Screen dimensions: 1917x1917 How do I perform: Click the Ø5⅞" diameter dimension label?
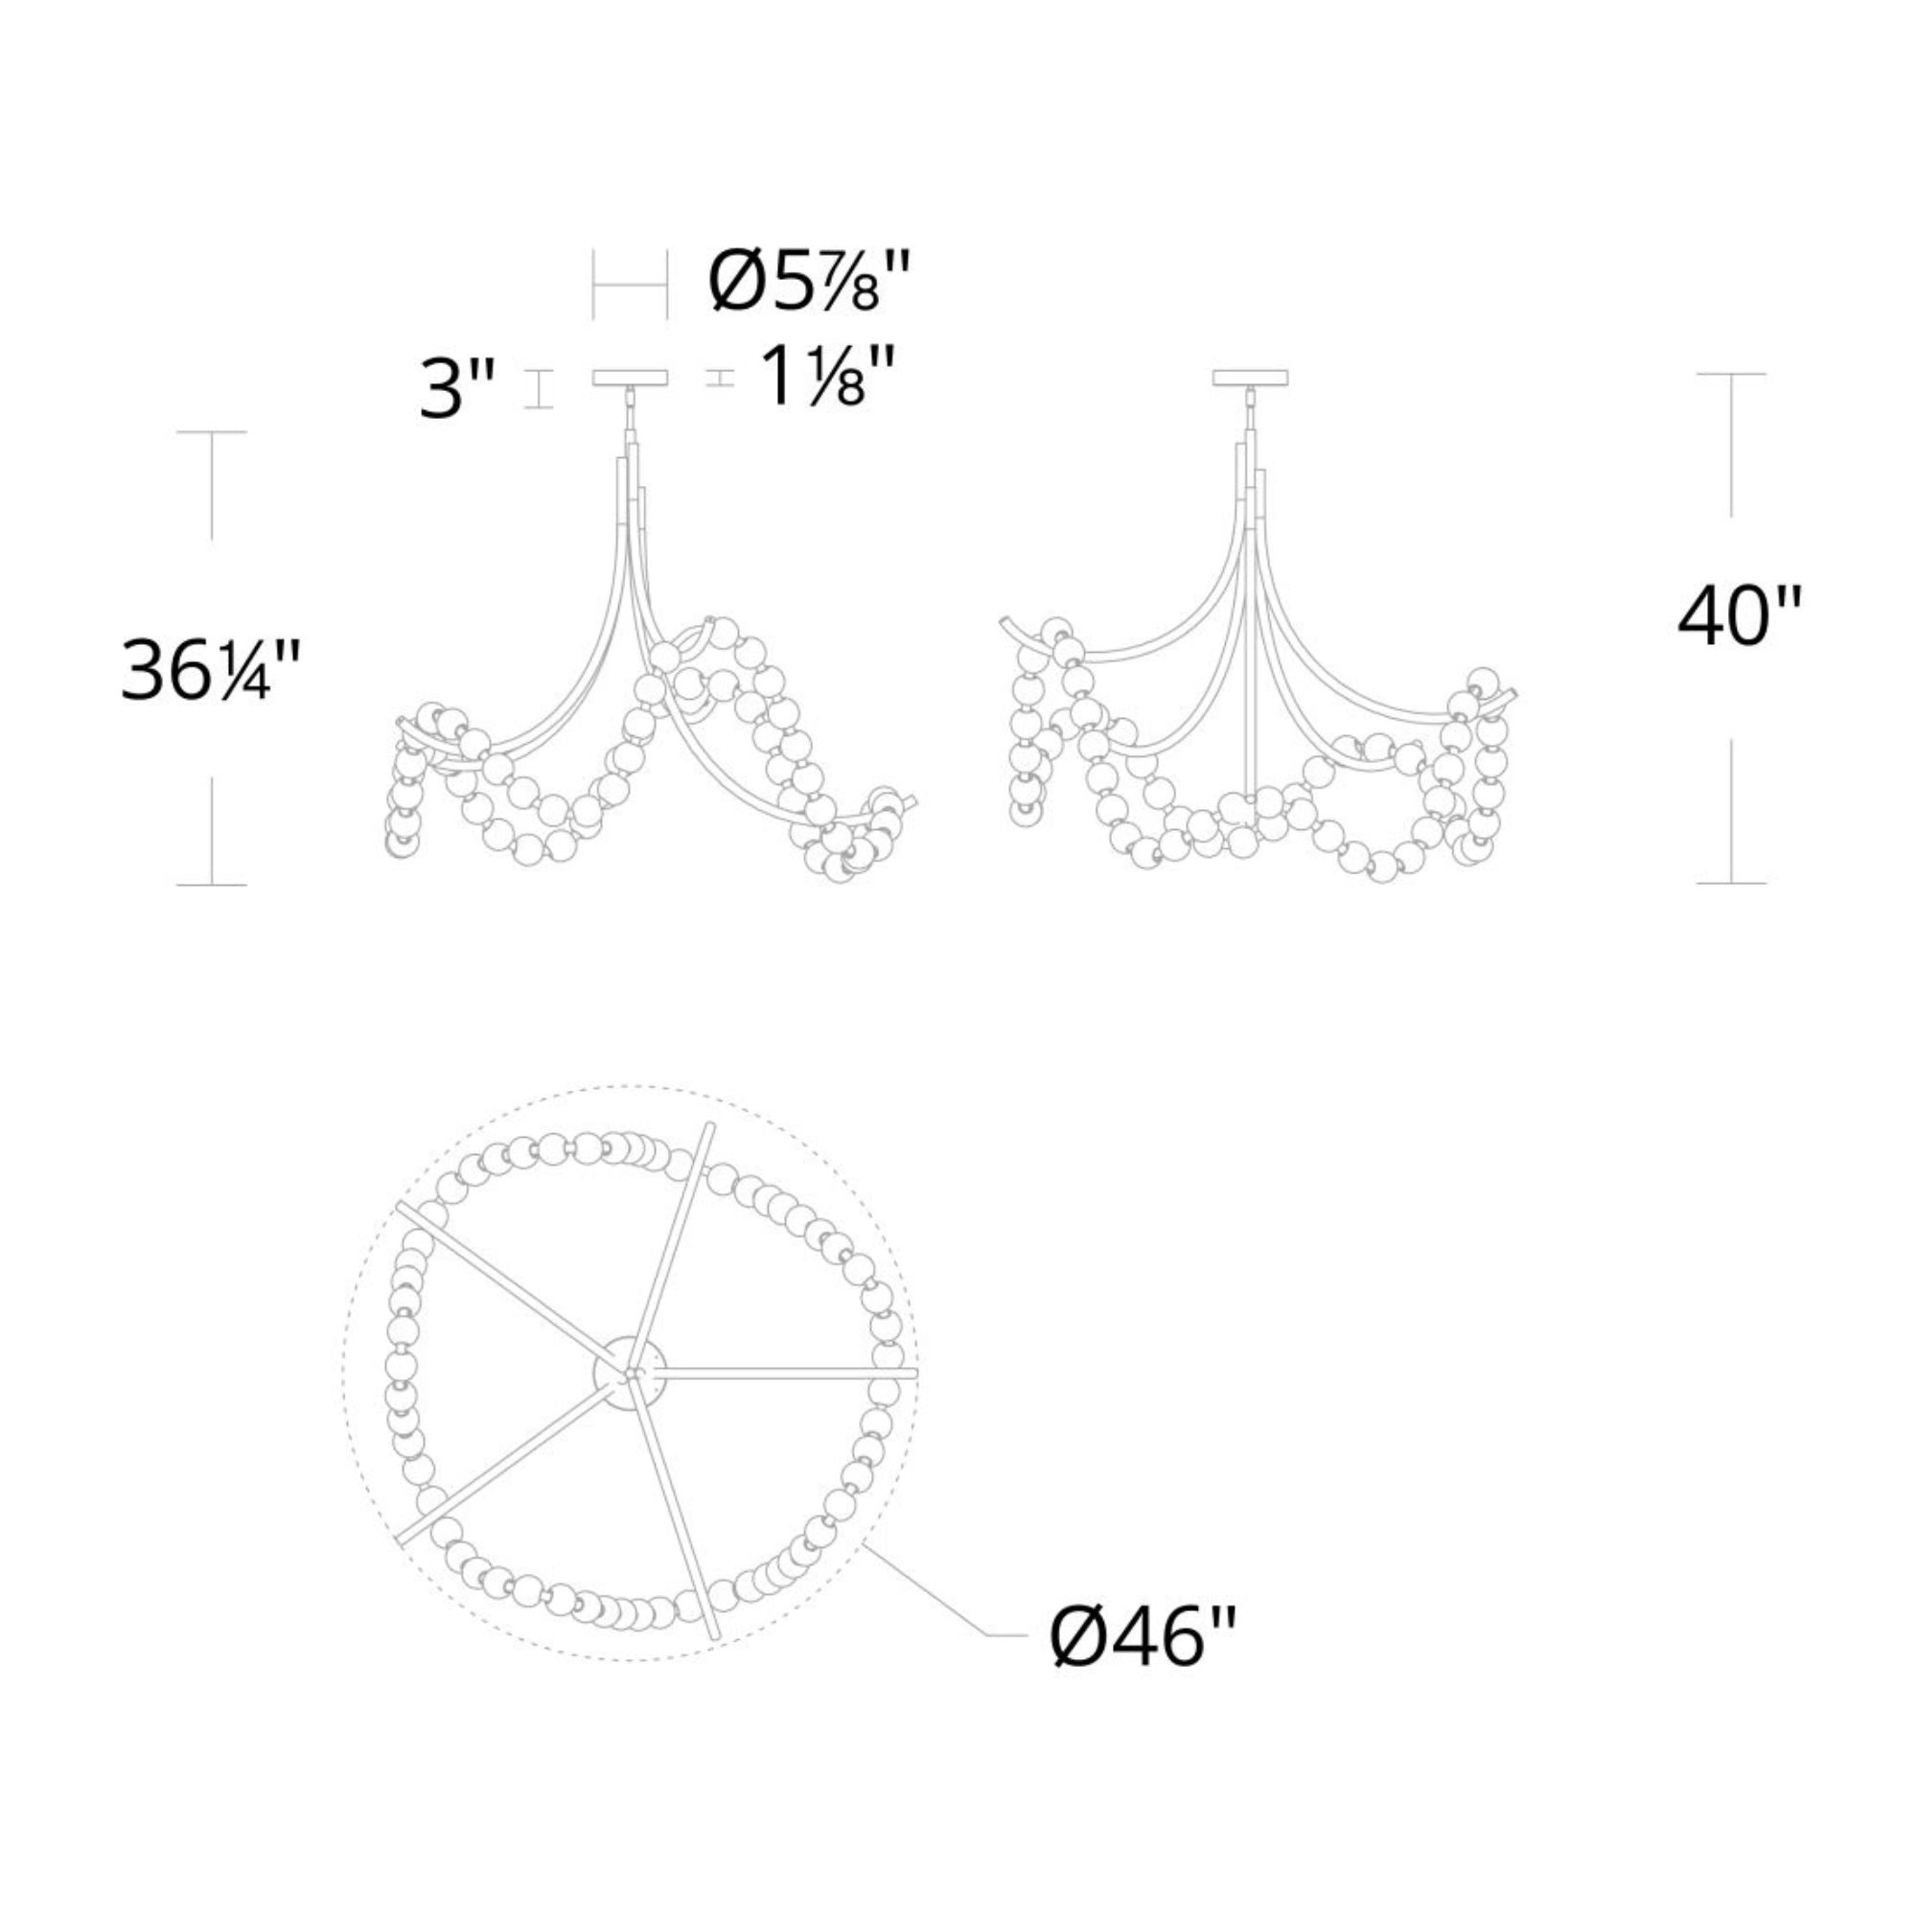coord(809,282)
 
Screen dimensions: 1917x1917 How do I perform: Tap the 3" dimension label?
coord(456,389)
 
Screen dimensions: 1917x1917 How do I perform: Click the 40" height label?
coord(1738,616)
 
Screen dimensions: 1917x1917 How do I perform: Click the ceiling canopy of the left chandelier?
coord(630,378)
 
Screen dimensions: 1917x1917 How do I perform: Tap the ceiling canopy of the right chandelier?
coord(1251,378)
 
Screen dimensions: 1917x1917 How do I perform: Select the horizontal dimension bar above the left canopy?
coord(630,285)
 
